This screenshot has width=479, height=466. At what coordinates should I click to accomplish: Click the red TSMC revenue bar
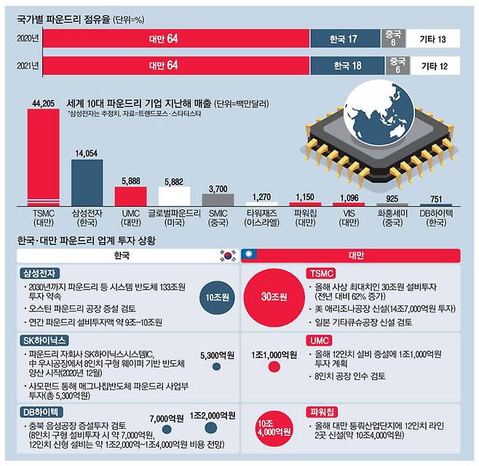pyautogui.click(x=43, y=157)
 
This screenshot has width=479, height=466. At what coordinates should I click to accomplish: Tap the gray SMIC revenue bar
pyautogui.click(x=218, y=199)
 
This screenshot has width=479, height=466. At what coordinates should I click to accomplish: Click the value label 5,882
pyautogui.click(x=174, y=182)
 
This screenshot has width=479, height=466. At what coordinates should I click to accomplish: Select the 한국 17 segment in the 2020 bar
pyautogui.click(x=344, y=37)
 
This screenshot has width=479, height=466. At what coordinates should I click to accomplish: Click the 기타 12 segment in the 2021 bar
pyautogui.click(x=435, y=66)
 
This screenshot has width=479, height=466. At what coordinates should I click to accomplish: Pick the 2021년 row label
pyautogui.click(x=27, y=66)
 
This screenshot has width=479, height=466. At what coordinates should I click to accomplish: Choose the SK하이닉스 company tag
pyautogui.click(x=45, y=341)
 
